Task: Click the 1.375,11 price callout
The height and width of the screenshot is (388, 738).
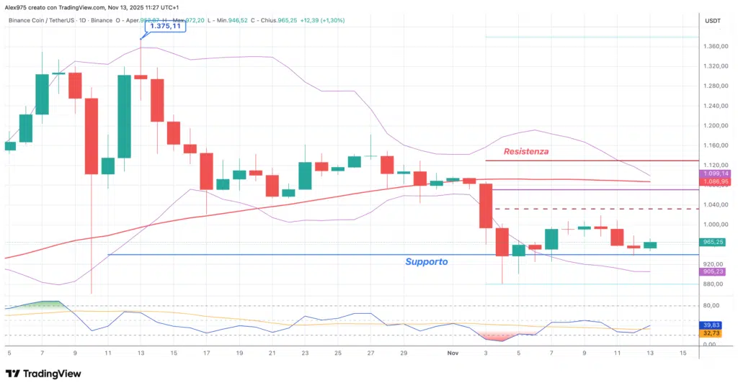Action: (x=164, y=27)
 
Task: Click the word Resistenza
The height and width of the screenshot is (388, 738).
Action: (x=526, y=151)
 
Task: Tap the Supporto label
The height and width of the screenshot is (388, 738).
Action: (x=425, y=262)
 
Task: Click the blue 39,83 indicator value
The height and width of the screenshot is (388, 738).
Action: (x=711, y=325)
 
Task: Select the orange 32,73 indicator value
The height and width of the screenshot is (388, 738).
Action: (x=711, y=333)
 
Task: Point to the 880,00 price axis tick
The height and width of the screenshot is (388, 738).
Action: (x=712, y=284)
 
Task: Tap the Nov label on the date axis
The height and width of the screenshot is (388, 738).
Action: (x=453, y=353)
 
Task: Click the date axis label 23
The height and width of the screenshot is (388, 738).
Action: (x=305, y=353)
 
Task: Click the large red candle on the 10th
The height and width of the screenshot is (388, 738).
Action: (x=92, y=136)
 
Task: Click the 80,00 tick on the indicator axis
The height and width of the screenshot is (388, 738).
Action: (x=711, y=306)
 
